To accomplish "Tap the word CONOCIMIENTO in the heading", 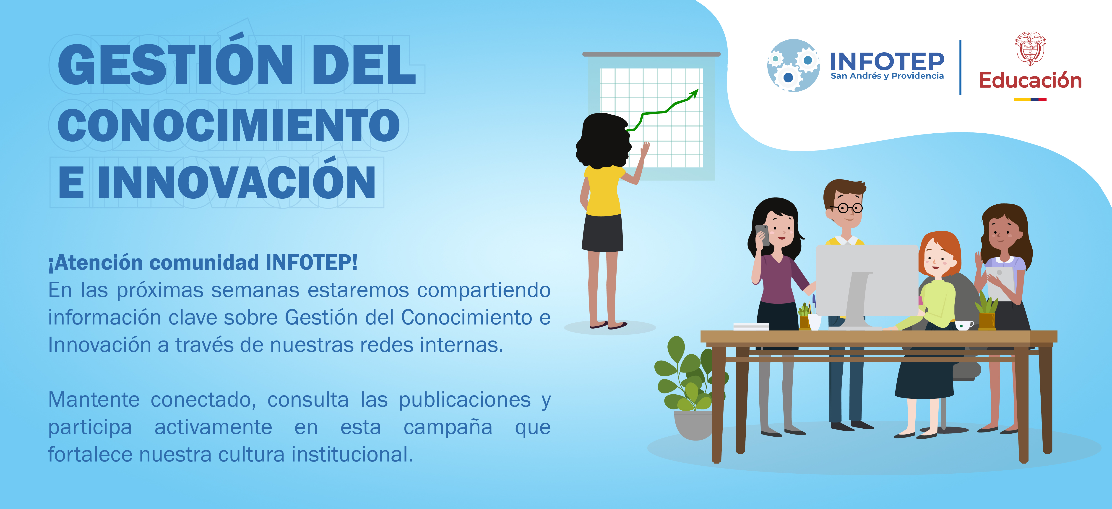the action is pyautogui.click(x=229, y=125).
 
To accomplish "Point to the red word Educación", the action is pyautogui.click(x=1030, y=80).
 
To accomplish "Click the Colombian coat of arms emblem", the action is pyautogui.click(x=1030, y=48).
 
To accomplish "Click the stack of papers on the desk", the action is pyautogui.click(x=751, y=327).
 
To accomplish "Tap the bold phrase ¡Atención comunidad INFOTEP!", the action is pyautogui.click(x=203, y=263).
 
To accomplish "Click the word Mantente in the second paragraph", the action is pyautogui.click(x=94, y=400).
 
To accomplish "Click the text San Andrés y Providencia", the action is pyautogui.click(x=887, y=76).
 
